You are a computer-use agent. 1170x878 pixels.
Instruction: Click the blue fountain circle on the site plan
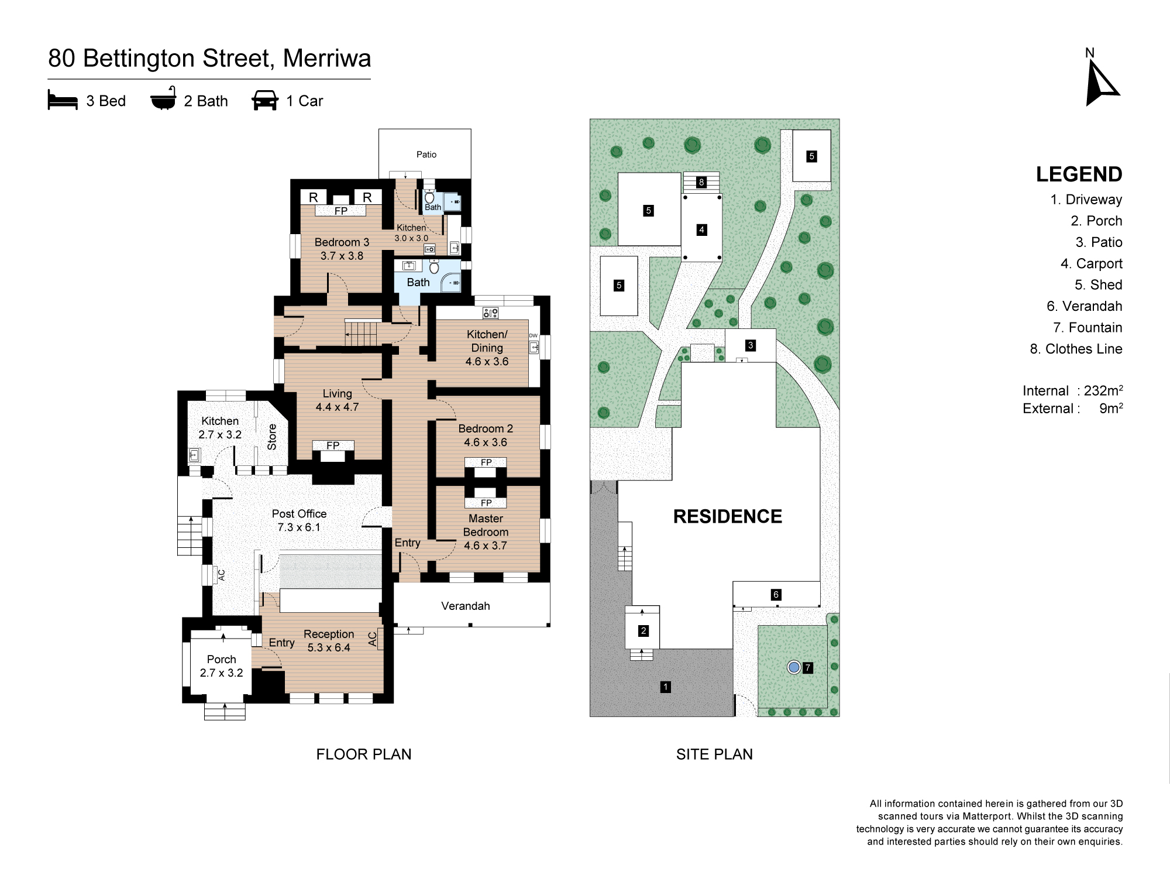click(x=793, y=667)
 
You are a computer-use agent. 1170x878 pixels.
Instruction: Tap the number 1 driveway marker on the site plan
click(x=665, y=687)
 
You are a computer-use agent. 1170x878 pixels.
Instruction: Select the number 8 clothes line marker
click(x=701, y=182)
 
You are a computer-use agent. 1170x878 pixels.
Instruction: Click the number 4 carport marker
click(x=701, y=229)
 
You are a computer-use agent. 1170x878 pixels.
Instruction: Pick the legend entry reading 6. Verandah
click(x=1084, y=306)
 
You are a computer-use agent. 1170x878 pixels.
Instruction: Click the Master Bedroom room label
click(x=486, y=531)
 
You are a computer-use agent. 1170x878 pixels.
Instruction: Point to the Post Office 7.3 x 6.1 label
click(x=299, y=520)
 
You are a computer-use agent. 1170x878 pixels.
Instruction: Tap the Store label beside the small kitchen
click(x=272, y=437)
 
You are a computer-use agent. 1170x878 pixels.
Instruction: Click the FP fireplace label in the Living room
click(x=333, y=445)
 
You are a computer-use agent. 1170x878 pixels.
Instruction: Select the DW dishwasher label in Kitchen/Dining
click(x=533, y=336)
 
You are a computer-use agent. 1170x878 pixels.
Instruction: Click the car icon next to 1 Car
click(x=264, y=101)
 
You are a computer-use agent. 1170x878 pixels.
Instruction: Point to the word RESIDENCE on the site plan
click(x=727, y=516)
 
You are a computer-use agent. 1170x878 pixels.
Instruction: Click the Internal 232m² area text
click(x=1072, y=391)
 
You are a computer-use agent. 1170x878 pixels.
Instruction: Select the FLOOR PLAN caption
click(x=363, y=754)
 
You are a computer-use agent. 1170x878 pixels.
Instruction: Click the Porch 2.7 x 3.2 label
click(x=221, y=666)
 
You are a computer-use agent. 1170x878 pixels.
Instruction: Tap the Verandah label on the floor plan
click(x=465, y=606)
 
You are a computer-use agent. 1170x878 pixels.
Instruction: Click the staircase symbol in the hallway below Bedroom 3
click(x=361, y=334)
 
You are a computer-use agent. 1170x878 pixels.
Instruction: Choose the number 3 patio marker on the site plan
click(x=750, y=345)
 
